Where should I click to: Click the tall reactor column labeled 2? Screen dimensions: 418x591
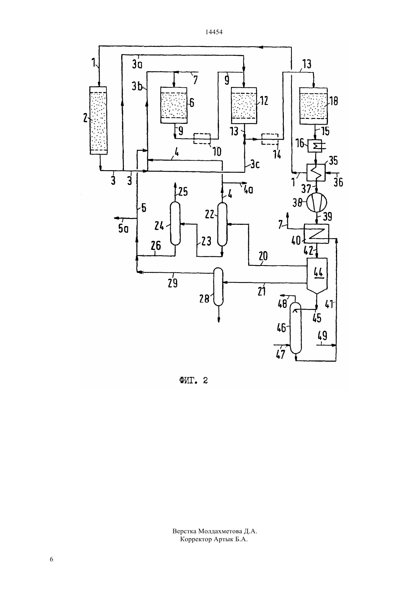(98, 120)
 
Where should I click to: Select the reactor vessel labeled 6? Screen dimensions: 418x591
(174, 105)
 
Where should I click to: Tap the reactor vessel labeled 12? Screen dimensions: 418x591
(244, 105)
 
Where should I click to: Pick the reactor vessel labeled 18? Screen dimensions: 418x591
(313, 106)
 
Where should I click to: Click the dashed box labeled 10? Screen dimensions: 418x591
(202, 139)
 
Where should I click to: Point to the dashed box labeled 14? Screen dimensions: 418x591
(270, 139)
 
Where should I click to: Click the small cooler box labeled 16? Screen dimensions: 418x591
(315, 145)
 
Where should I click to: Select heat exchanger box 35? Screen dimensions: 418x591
(316, 172)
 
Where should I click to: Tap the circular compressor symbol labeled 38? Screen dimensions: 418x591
(317, 202)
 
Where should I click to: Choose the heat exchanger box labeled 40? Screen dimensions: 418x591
(316, 234)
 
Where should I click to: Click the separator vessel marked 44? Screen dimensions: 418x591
(317, 275)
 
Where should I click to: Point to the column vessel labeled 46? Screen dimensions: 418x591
(296, 328)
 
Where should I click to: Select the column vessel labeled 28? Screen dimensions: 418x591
(218, 286)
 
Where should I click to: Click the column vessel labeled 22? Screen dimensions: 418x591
(222, 224)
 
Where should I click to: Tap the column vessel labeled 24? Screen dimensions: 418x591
(175, 223)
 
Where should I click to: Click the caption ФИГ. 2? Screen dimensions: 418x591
(193, 380)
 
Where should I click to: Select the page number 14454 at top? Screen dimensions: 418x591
(214, 32)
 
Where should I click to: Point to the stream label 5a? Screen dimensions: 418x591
(123, 229)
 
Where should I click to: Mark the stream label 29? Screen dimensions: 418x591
(173, 283)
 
